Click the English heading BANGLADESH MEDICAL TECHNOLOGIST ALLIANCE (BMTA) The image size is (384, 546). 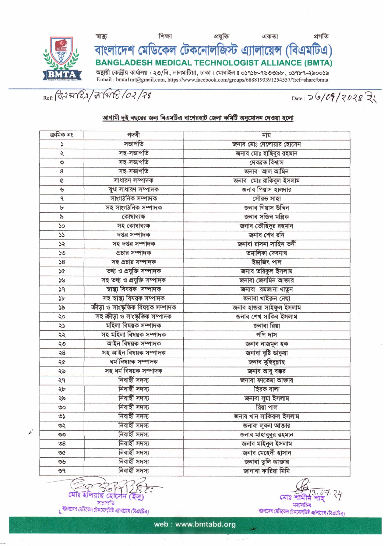pos(214,63)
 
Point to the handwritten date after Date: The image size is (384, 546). pos(341,98)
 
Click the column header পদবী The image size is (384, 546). pos(133,135)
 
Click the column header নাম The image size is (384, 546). pos(266,135)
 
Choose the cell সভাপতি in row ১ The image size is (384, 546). pos(133,144)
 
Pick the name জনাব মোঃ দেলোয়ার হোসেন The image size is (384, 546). pos(266,144)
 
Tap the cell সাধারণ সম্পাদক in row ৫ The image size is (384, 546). pos(133,181)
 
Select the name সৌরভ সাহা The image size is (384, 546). pos(266,199)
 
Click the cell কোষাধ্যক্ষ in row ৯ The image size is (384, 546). pos(133,217)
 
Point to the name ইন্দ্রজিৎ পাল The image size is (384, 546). pos(266,262)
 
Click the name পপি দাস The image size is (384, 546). pos(266,335)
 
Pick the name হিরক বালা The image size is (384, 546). pos(266,389)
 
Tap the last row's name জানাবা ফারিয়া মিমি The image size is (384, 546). pos(266,471)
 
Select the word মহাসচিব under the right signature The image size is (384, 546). pos(301,505)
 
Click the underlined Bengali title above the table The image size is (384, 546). pos(198,118)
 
